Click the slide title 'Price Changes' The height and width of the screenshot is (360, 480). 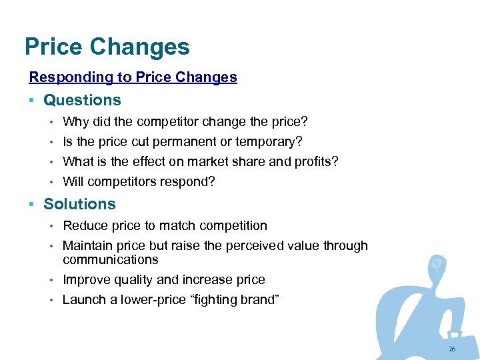coord(107,47)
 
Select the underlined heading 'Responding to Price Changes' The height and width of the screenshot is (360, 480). coord(133,77)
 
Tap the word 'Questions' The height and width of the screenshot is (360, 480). coord(82,101)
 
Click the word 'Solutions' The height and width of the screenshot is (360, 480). coord(79,205)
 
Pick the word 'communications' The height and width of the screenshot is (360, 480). coord(110,259)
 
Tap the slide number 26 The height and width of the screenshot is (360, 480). coord(452,349)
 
